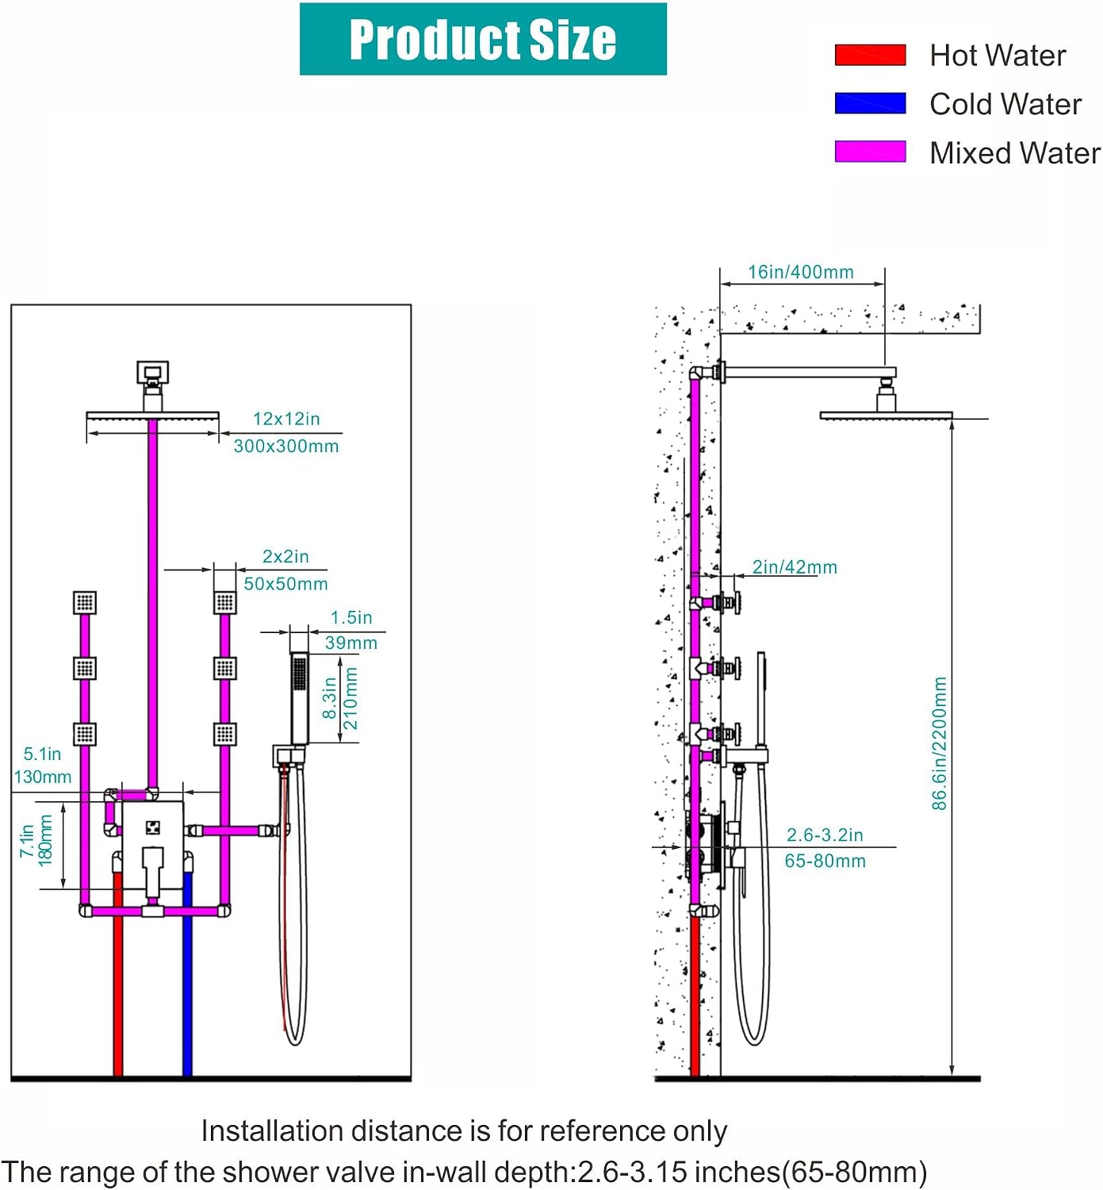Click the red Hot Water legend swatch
870,55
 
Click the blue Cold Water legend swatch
870,103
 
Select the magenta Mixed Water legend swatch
870,152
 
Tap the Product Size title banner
483,39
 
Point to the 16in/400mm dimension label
800,272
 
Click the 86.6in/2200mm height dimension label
940,743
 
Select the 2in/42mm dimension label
795,567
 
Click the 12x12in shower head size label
286,419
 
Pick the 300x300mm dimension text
286,447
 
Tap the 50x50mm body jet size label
285,584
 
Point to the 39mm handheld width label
351,643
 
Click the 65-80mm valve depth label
825,861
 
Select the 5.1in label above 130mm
42,754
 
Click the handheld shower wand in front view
300,698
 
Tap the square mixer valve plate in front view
152,846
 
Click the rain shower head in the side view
886,415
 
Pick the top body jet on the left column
85,602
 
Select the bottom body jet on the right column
224,734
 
